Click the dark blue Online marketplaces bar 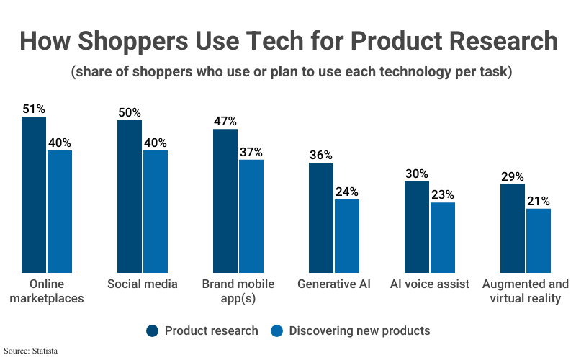(x=33, y=194)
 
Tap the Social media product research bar (x=130, y=196)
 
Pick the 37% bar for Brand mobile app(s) (x=251, y=216)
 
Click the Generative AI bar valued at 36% (x=321, y=217)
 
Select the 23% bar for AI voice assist (x=443, y=237)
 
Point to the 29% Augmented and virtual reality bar (x=513, y=228)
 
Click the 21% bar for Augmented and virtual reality (x=539, y=240)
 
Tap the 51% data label (x=33, y=109)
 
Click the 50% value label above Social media (x=130, y=112)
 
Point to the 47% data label (x=225, y=121)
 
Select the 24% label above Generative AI (x=346, y=192)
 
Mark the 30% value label (x=417, y=174)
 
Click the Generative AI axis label (x=334, y=284)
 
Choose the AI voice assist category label (x=430, y=284)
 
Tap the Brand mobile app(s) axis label (x=238, y=291)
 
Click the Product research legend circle (x=152, y=331)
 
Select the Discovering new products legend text (x=359, y=331)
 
